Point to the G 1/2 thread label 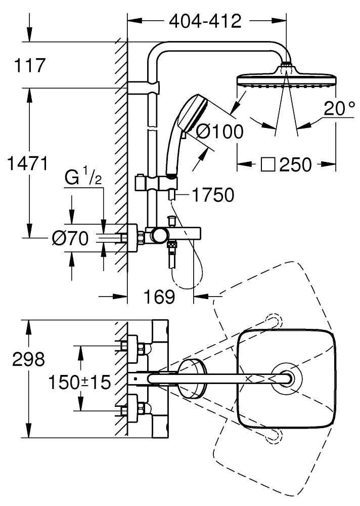pyautogui.click(x=84, y=179)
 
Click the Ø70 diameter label pyautogui.click(x=71, y=236)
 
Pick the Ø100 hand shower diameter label pyautogui.click(x=219, y=132)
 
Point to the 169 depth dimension pyautogui.click(x=160, y=297)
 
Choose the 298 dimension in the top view pyautogui.click(x=29, y=360)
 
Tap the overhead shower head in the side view pyautogui.click(x=286, y=79)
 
